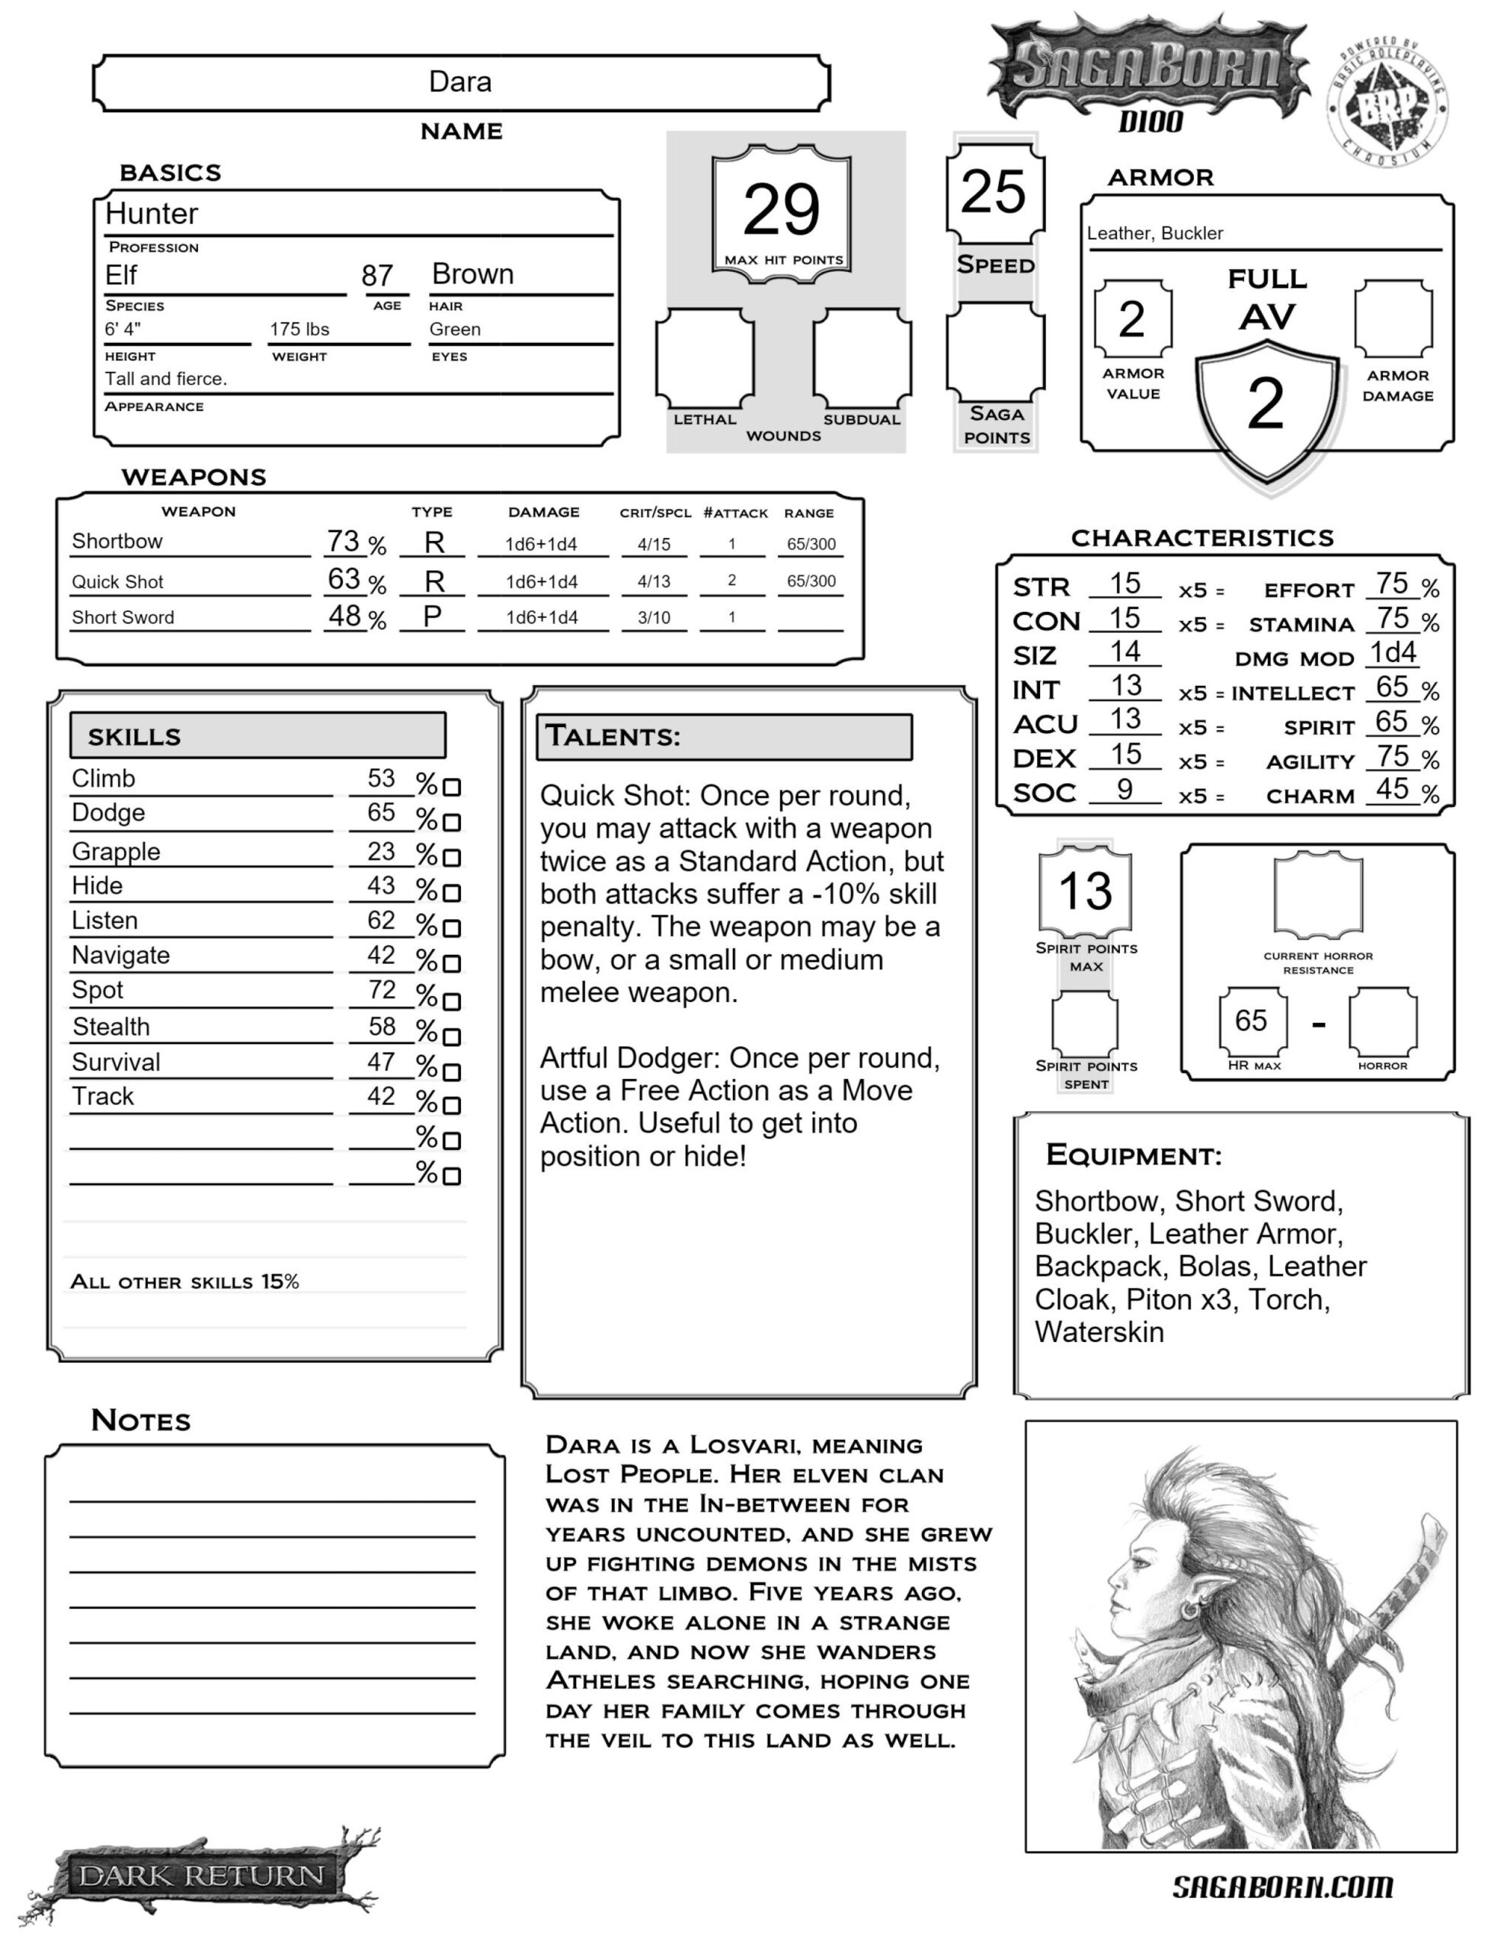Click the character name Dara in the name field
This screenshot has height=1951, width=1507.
tap(460, 82)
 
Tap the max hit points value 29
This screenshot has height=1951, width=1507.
tap(781, 210)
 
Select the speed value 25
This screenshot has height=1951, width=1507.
tap(993, 192)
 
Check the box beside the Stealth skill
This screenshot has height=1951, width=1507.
tap(452, 1037)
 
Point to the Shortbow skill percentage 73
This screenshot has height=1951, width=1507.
tap(343, 541)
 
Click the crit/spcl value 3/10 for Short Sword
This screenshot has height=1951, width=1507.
tap(654, 617)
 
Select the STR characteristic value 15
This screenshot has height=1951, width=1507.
tap(1125, 585)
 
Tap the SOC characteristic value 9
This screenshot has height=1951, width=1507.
tap(1125, 790)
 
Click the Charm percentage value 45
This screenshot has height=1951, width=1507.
tap(1392, 790)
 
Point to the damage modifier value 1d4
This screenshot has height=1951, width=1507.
tap(1393, 653)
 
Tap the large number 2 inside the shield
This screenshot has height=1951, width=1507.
tap(1265, 404)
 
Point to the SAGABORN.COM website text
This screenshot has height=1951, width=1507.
tap(1282, 1887)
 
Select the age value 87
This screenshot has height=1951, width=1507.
tap(377, 276)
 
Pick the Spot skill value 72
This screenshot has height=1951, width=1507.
tap(382, 990)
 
